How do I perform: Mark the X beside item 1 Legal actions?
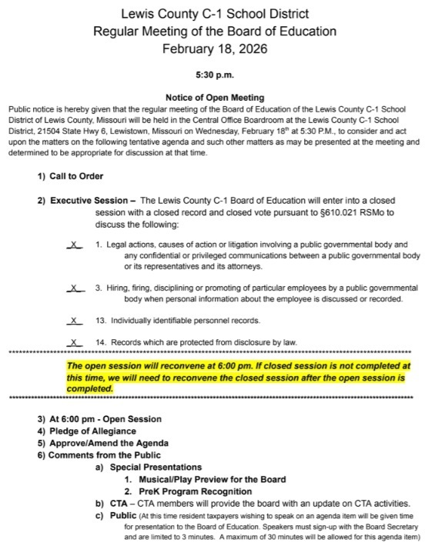(x=74, y=245)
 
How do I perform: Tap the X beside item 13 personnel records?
(x=74, y=320)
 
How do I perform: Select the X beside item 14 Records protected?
(x=74, y=342)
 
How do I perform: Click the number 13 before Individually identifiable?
(x=101, y=320)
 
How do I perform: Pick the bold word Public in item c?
(x=125, y=515)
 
